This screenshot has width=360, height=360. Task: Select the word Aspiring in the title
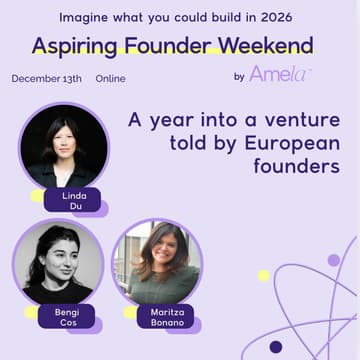coord(79,46)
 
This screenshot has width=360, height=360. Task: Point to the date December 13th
coord(48,78)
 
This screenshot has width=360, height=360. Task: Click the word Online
coord(117,78)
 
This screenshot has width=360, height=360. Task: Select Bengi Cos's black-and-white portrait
coord(57,262)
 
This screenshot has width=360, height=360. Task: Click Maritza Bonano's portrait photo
coord(157,263)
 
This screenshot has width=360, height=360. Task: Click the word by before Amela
coord(238,76)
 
